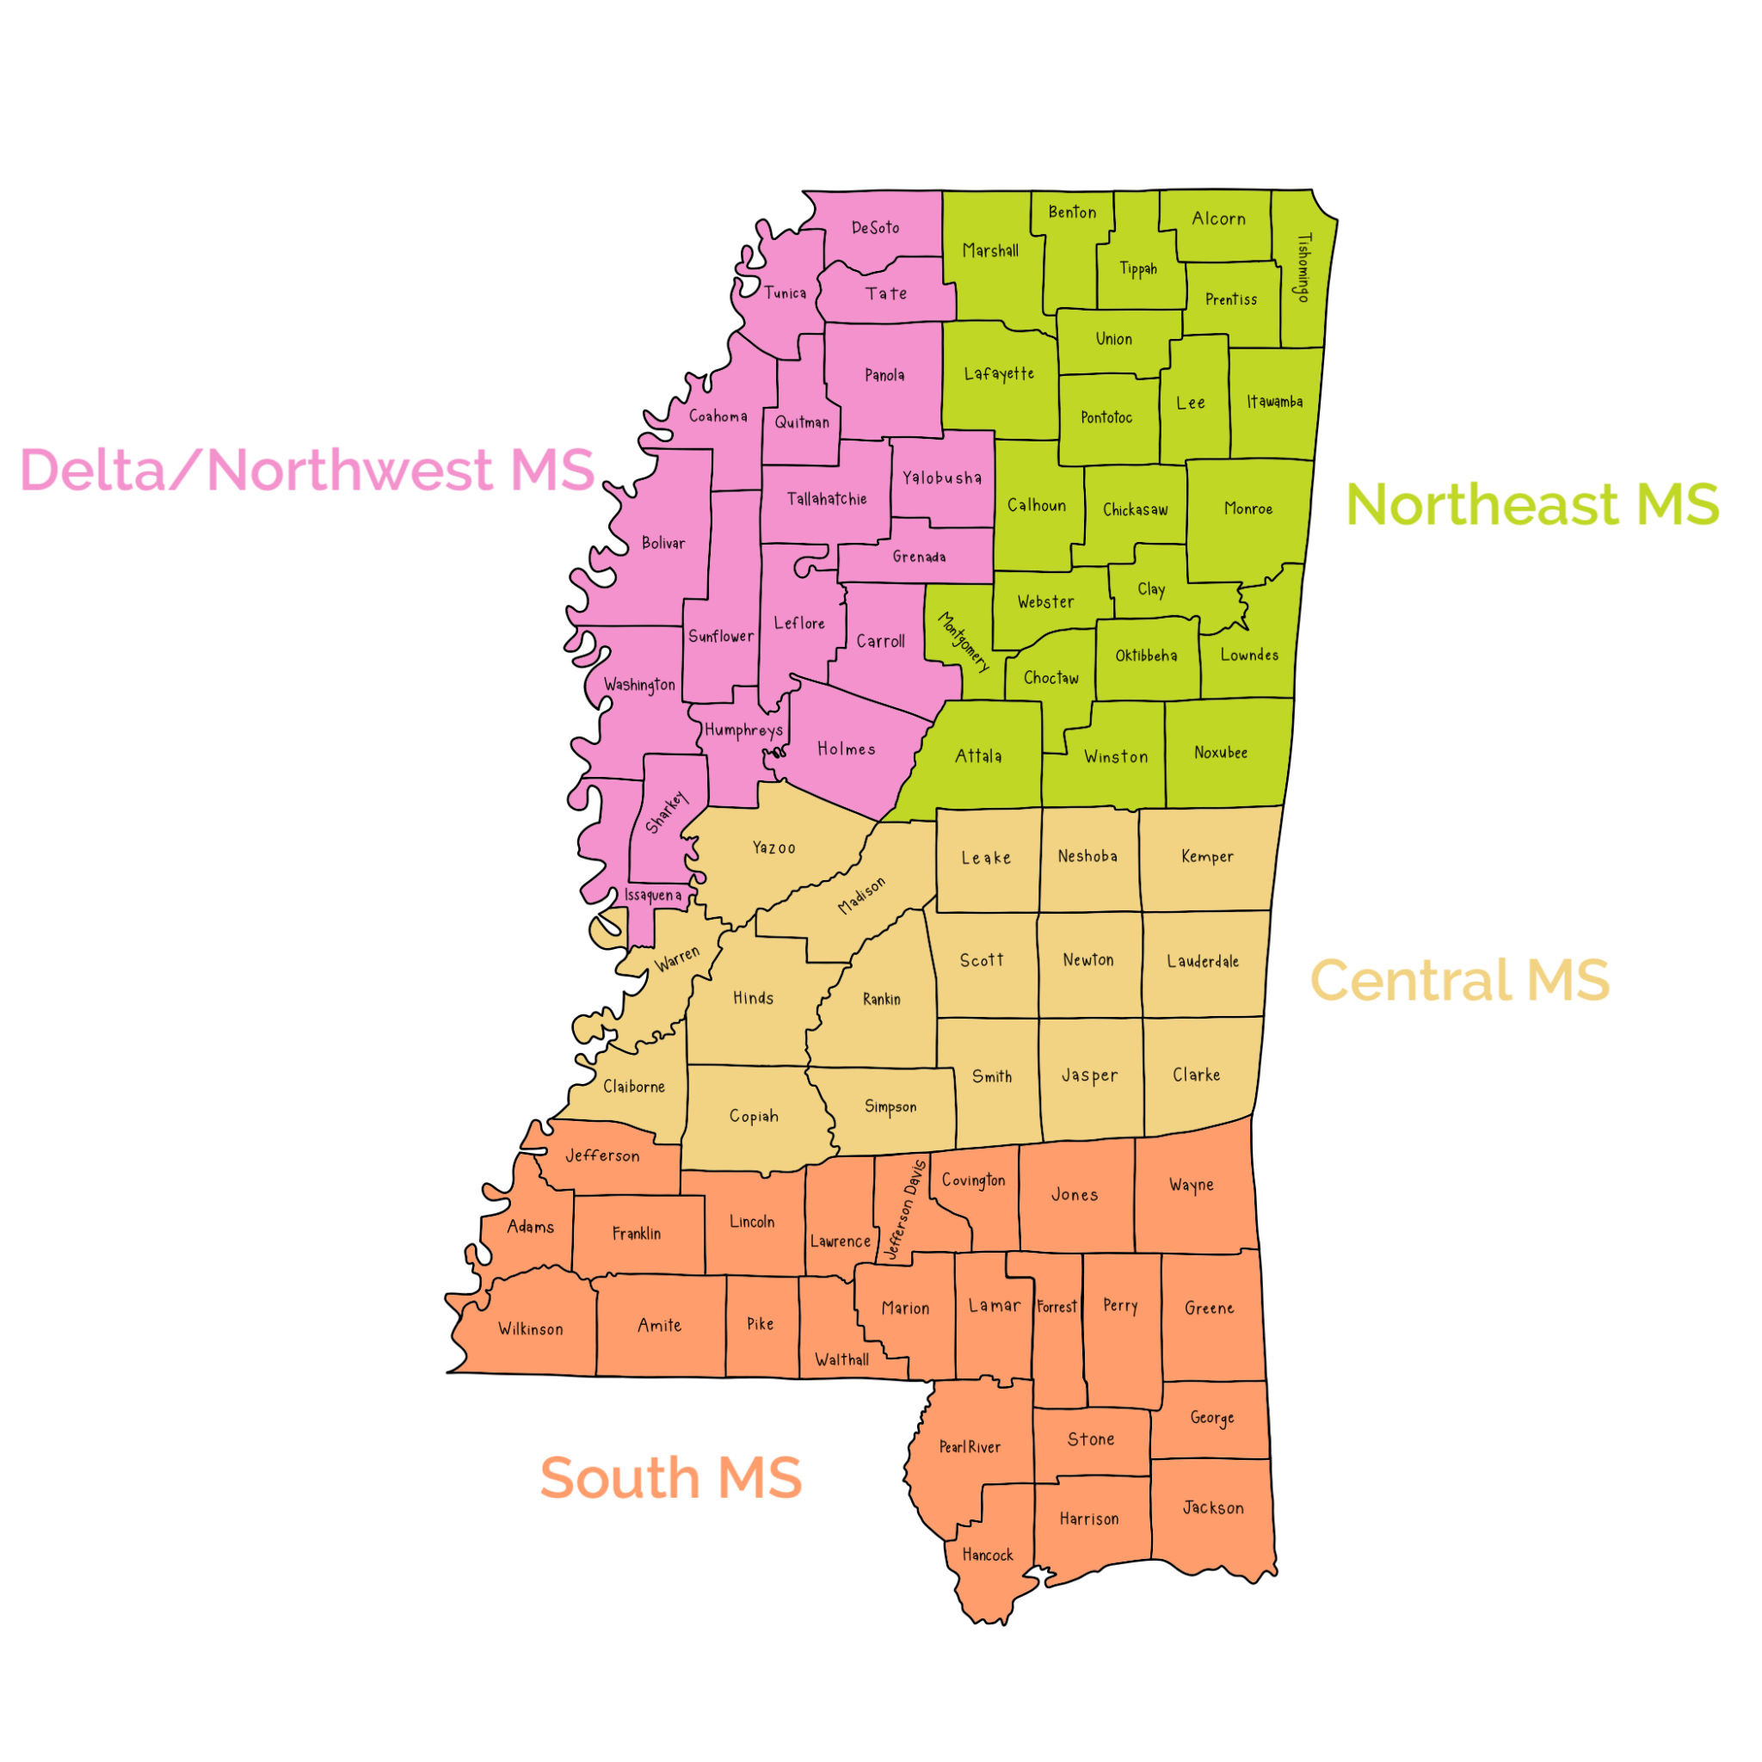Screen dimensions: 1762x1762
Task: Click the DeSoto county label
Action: (x=876, y=228)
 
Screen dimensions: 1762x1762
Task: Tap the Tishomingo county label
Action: (x=1304, y=268)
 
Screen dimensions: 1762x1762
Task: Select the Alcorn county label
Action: (x=1218, y=219)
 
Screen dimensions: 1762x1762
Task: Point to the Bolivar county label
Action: (x=663, y=544)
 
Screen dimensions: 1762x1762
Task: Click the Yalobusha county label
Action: (x=942, y=477)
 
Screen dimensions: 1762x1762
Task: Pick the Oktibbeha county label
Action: (x=1146, y=656)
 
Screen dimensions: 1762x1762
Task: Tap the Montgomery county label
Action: (x=963, y=642)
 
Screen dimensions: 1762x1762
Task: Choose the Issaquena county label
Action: (x=653, y=896)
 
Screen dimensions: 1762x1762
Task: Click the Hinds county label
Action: (x=754, y=999)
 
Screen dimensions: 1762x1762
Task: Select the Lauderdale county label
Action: (x=1203, y=961)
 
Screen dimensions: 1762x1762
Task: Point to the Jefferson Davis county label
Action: (x=906, y=1211)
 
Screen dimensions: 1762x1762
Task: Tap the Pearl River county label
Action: (x=970, y=1447)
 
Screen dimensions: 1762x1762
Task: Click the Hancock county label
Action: (x=988, y=1555)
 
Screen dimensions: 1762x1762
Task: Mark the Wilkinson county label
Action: (x=531, y=1330)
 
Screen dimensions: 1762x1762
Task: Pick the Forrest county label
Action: (x=1057, y=1307)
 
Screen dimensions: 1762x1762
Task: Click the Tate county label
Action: (x=886, y=293)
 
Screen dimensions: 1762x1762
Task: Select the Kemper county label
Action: (x=1207, y=856)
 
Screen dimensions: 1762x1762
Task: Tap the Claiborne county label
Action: (x=634, y=1087)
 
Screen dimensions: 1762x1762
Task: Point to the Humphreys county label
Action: (x=743, y=730)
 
